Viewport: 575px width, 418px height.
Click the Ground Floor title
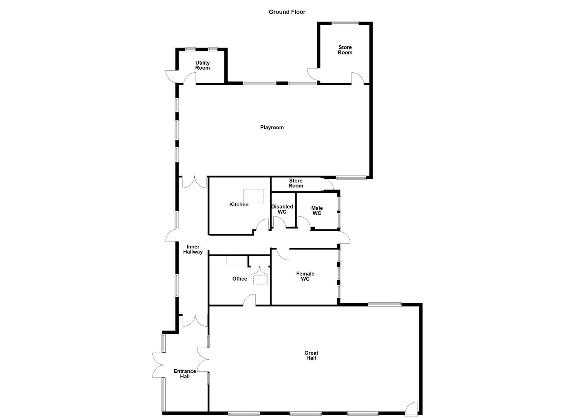click(x=287, y=12)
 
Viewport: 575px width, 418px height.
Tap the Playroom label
click(x=272, y=127)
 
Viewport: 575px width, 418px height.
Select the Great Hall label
click(x=311, y=355)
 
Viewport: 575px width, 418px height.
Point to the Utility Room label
click(x=203, y=65)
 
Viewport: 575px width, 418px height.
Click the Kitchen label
click(x=239, y=204)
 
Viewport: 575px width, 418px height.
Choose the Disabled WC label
click(x=282, y=209)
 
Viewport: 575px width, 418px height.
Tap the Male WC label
click(x=317, y=211)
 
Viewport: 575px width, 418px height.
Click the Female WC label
click(x=305, y=276)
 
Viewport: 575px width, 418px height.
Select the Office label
click(x=240, y=279)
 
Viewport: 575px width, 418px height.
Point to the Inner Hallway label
click(x=193, y=249)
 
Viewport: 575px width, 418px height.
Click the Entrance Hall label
click(x=185, y=373)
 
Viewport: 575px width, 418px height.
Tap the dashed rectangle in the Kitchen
click(x=253, y=196)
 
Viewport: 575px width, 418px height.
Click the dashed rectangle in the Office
click(x=260, y=280)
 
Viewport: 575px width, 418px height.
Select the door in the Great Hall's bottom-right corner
click(x=411, y=408)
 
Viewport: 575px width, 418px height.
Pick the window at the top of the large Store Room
click(x=345, y=23)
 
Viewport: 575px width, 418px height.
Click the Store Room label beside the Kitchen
click(x=296, y=183)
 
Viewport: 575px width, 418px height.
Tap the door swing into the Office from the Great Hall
click(x=250, y=300)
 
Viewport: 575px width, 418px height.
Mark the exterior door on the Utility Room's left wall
click(x=171, y=76)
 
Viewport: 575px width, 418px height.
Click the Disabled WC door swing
click(x=279, y=222)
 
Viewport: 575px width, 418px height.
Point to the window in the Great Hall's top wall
click(x=384, y=304)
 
